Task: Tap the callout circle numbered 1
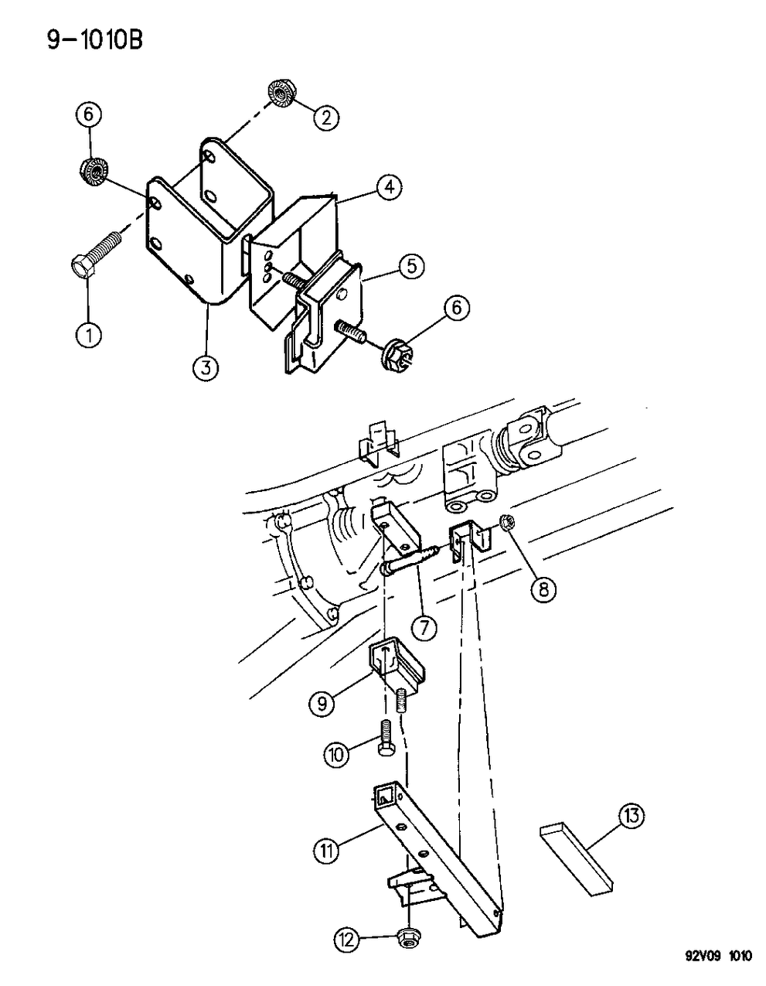(x=89, y=335)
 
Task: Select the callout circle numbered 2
(x=325, y=117)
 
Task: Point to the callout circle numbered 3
(x=204, y=369)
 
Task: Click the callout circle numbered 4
(x=388, y=186)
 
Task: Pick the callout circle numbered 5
(x=411, y=266)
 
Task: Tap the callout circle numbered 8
(x=543, y=589)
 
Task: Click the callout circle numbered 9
(x=321, y=704)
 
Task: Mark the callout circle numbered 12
(x=346, y=940)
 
